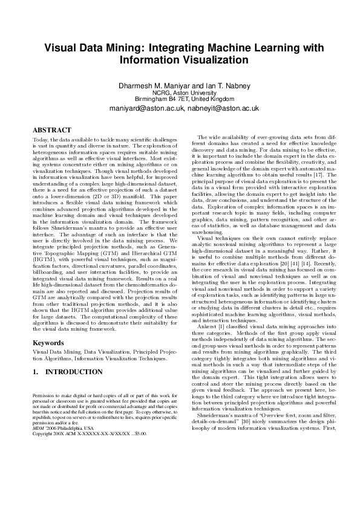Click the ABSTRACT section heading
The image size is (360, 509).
coord(51,130)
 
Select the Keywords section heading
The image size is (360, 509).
coord(48,343)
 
